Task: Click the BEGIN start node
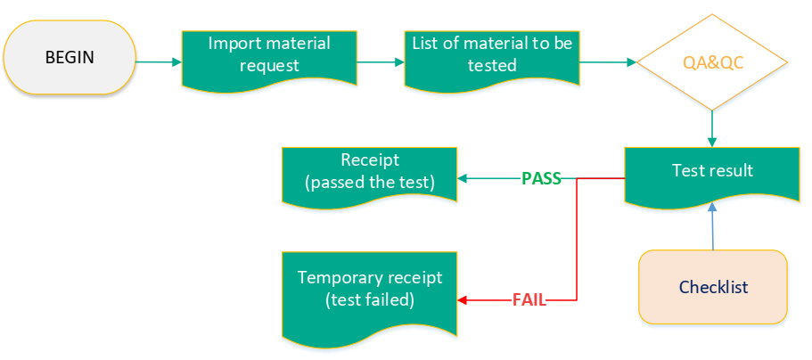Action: (70, 57)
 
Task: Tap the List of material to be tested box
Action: (492, 55)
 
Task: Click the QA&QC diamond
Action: (711, 62)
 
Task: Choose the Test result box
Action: (711, 171)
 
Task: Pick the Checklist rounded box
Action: (713, 287)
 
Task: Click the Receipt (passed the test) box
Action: (369, 172)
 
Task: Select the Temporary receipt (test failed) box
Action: (369, 289)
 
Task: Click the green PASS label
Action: (541, 178)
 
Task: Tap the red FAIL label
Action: (529, 300)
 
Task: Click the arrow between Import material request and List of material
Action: (381, 62)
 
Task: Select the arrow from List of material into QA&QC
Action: (606, 62)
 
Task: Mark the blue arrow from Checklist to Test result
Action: (711, 226)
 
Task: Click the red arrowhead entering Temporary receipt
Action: (463, 300)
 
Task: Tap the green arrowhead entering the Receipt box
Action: (463, 178)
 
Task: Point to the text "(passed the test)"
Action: (369, 183)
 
